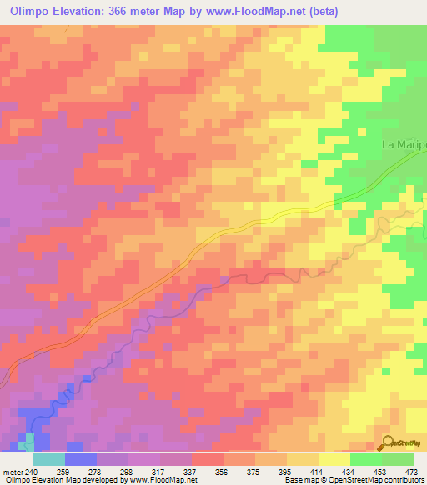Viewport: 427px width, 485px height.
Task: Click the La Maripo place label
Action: coord(404,144)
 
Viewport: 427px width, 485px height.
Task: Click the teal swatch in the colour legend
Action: coord(48,459)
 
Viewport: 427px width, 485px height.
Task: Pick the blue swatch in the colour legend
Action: coord(80,459)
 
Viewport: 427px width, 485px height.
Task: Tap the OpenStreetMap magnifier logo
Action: coord(387,442)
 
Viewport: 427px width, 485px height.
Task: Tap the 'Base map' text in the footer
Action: coord(302,480)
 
